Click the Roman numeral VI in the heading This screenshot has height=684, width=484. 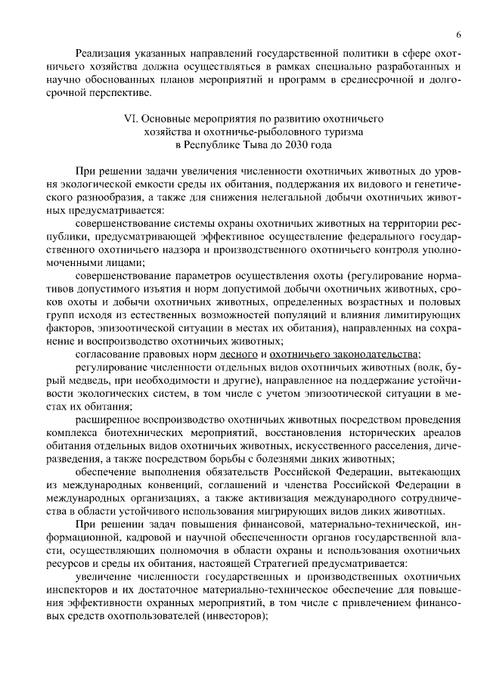(129, 119)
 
